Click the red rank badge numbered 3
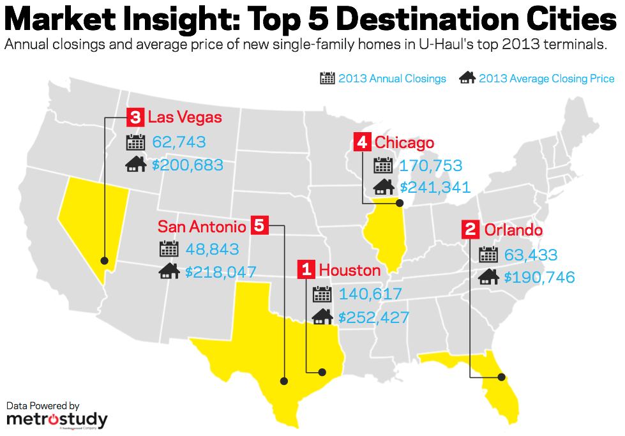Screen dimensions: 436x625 point(135,117)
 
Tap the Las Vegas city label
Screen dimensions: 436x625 point(185,117)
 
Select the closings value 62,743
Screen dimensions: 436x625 point(179,142)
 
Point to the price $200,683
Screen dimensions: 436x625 point(188,165)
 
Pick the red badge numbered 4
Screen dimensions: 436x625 point(362,142)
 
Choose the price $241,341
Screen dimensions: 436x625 point(435,188)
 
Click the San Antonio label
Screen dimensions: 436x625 point(202,226)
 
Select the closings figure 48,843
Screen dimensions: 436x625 point(212,249)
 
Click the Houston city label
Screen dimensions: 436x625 point(349,270)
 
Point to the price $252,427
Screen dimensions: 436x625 point(373,317)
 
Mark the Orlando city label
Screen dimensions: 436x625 point(513,230)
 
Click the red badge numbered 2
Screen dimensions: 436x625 point(471,230)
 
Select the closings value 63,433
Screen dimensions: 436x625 point(531,255)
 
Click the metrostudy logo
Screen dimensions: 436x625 point(57,419)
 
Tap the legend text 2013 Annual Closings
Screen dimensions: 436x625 point(392,79)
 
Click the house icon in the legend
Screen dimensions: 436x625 point(467,79)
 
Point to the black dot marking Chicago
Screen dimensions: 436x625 point(399,204)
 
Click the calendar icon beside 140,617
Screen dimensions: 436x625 point(322,294)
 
